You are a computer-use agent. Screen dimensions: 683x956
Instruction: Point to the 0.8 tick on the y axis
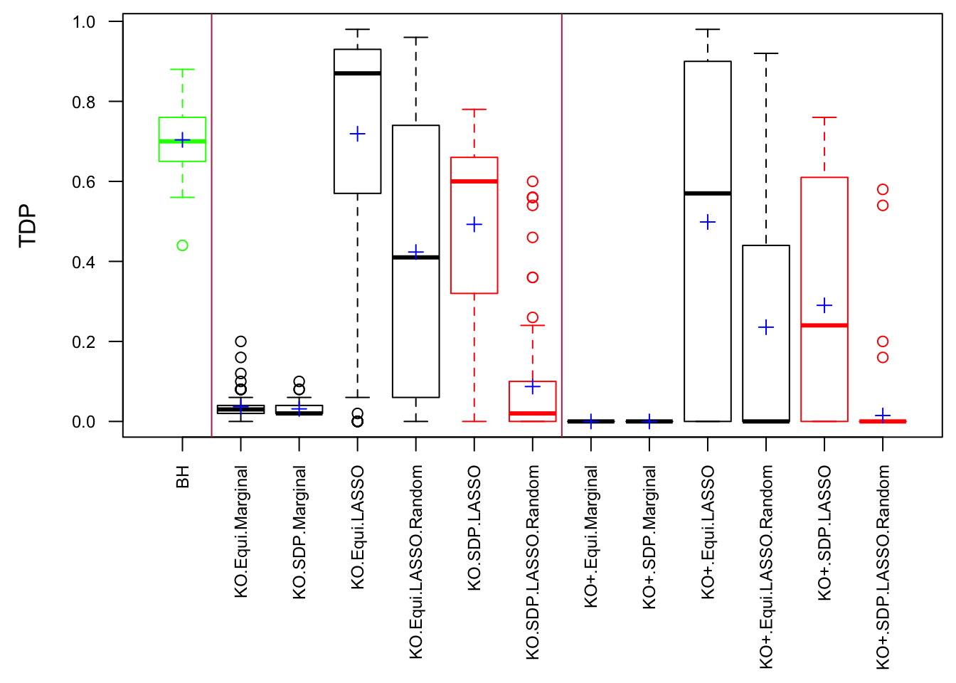click(115, 102)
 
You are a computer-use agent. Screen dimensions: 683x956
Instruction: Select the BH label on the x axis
click(183, 477)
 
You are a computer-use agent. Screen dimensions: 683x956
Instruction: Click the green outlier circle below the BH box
click(182, 245)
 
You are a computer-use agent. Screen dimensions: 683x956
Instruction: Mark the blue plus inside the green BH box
click(182, 139)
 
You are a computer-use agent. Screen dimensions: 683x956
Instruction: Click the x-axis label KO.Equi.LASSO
click(358, 527)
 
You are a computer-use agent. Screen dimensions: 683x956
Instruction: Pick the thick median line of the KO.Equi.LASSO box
click(358, 73)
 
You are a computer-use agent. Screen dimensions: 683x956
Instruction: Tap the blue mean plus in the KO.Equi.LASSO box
click(358, 134)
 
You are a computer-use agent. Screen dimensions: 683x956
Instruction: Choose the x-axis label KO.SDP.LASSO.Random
click(533, 562)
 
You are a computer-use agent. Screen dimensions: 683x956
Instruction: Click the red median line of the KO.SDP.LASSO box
click(474, 181)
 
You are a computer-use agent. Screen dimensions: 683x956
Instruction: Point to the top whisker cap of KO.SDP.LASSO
click(474, 110)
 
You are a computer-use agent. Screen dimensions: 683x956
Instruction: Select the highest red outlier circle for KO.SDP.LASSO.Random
click(533, 181)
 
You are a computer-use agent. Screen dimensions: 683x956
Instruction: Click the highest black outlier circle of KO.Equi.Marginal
click(241, 341)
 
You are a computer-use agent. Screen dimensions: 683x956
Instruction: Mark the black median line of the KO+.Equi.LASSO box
click(708, 193)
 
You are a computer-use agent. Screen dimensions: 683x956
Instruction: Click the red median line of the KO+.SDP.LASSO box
click(824, 325)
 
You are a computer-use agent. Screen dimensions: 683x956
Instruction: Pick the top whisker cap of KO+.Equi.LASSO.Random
click(766, 53)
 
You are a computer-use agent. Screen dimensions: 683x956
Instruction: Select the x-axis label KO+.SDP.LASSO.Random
click(883, 567)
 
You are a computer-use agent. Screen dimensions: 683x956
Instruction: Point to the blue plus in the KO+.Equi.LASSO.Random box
click(766, 327)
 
